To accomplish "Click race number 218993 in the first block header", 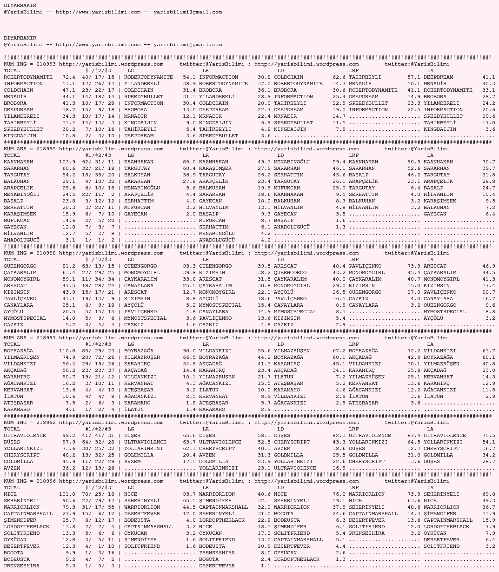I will click(46, 64).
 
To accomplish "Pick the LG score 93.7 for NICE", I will click(189, 494).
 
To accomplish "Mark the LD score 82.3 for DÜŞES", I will click(339, 436).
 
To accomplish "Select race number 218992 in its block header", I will click(46, 423).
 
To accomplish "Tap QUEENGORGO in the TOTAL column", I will click(20, 266).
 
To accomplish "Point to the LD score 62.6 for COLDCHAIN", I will click(339, 77).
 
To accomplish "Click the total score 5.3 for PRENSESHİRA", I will click(70, 566).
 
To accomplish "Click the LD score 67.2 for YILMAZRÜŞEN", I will click(339, 351).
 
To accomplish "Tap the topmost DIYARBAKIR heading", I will click(20, 6).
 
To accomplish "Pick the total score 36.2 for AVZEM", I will click(69, 468).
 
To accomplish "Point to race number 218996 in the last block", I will click(46, 481).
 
